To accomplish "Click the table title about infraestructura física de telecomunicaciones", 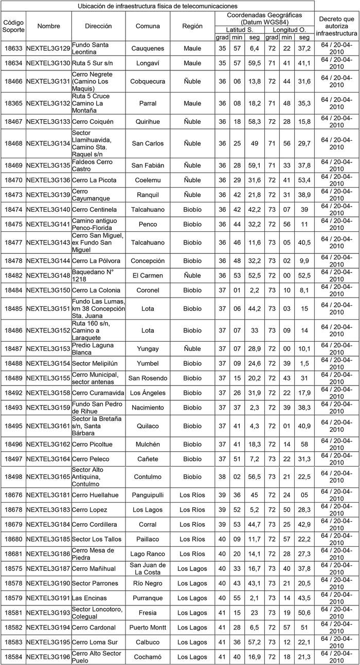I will point(158,6).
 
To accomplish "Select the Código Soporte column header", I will point(13,26).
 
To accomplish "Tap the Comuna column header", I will point(148,26).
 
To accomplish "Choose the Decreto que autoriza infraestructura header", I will point(336,26).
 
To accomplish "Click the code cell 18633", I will point(13,48).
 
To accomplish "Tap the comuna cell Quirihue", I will point(148,122).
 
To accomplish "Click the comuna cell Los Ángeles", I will point(148,393).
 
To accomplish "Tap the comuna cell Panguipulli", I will point(148,495).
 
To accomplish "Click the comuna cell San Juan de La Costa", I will point(148,569).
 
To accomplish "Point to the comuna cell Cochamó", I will point(148,657).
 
